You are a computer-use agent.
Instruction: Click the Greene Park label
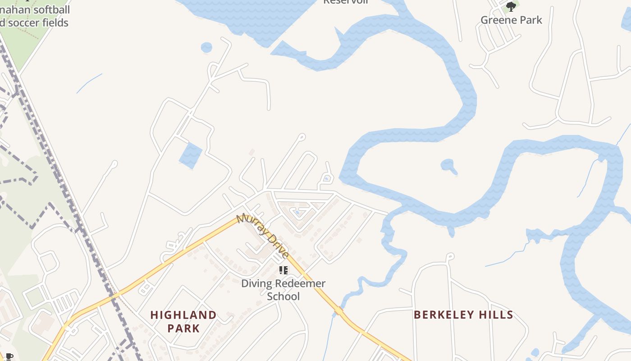(511, 20)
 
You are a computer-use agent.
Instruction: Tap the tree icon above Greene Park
(511, 6)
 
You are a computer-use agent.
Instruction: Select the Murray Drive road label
(263, 235)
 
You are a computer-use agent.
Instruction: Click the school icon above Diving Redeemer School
(283, 270)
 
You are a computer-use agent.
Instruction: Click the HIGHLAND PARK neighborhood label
(183, 321)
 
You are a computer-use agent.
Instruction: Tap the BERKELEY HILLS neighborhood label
(463, 315)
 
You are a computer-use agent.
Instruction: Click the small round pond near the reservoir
(206, 47)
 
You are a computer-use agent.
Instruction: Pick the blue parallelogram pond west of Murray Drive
(191, 155)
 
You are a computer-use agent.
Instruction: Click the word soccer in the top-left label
(27, 23)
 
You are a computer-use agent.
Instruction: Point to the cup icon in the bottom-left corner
(9, 357)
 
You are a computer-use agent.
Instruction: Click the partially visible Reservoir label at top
(346, 2)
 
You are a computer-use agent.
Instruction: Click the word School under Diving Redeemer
(283, 296)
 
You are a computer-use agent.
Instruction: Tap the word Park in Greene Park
(530, 20)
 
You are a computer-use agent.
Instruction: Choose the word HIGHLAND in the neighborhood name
(183, 315)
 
